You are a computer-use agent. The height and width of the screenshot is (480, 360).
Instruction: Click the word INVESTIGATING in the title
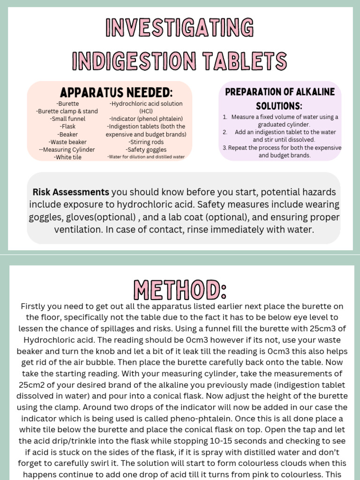pyautogui.click(x=180, y=28)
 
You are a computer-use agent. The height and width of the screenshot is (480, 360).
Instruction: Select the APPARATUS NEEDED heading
pyautogui.click(x=110, y=92)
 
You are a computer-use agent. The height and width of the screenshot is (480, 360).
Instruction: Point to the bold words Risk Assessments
pyautogui.click(x=71, y=192)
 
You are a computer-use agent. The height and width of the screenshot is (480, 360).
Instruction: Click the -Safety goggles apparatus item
pyautogui.click(x=146, y=150)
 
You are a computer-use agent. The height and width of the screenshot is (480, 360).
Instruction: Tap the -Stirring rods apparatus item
pyautogui.click(x=146, y=142)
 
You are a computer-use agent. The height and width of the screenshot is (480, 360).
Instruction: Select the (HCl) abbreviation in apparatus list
pyautogui.click(x=146, y=112)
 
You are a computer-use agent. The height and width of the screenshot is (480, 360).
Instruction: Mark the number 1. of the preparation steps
pyautogui.click(x=225, y=117)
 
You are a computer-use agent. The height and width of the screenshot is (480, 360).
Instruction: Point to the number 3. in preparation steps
pyautogui.click(x=225, y=148)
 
